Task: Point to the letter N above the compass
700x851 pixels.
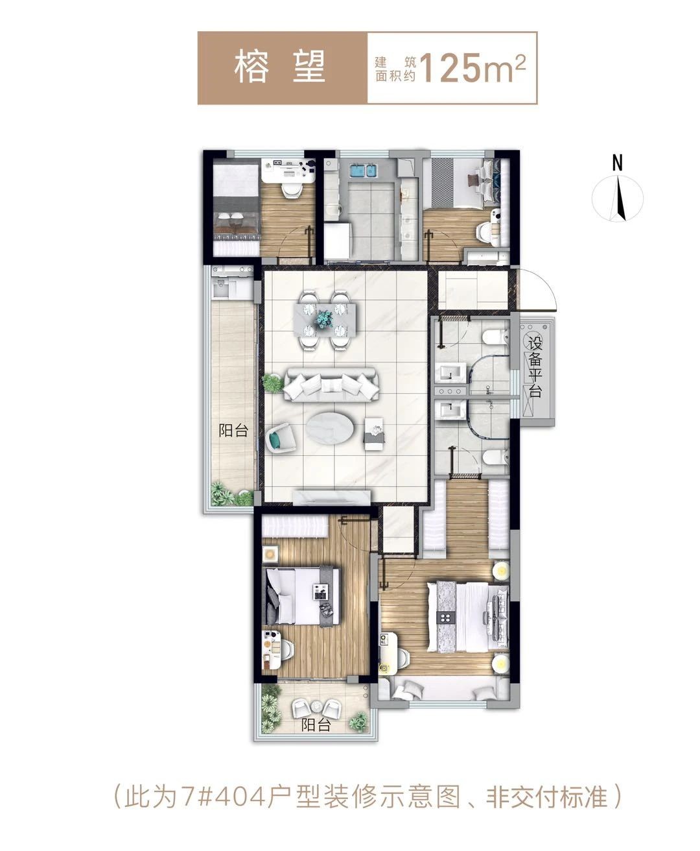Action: point(617,163)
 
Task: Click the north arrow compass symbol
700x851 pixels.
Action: point(617,199)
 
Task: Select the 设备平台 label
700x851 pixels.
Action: point(535,367)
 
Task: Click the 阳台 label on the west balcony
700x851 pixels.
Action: point(233,431)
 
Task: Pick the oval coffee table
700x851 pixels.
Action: point(331,427)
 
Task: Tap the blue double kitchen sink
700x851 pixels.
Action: point(366,170)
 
